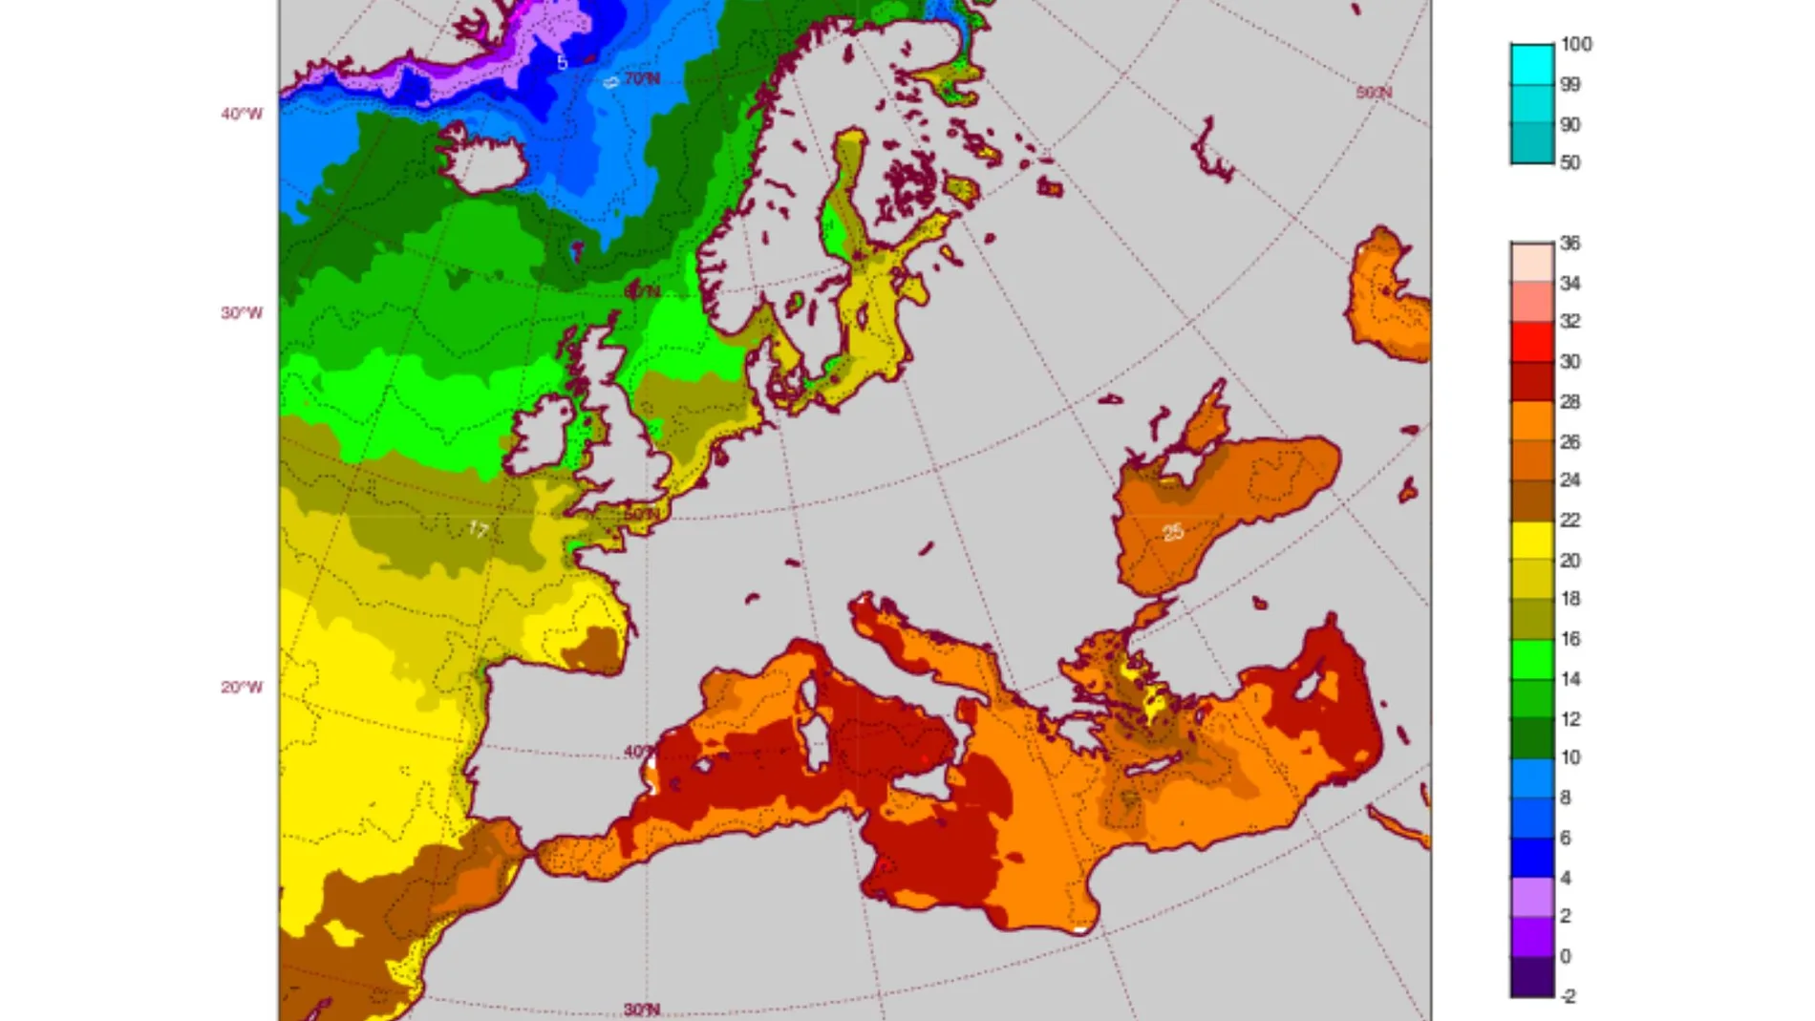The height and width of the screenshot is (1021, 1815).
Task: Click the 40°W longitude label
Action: (242, 115)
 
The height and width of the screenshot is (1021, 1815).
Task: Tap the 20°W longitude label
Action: (242, 688)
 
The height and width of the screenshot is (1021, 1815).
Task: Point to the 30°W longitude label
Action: (242, 313)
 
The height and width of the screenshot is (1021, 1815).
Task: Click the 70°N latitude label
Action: (642, 78)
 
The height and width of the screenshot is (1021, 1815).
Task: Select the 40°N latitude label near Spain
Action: (640, 752)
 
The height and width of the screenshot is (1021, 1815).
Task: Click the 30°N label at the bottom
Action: (641, 1010)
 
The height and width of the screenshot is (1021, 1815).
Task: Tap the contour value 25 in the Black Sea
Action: (1173, 532)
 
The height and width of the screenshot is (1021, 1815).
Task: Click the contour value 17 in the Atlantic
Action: (479, 529)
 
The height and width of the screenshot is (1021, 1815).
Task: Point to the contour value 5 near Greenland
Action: (563, 63)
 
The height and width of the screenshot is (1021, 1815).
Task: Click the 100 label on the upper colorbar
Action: (1575, 45)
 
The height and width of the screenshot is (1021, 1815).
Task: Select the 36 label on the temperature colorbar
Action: (1569, 244)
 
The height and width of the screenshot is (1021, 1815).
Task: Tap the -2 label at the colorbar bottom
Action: (1568, 996)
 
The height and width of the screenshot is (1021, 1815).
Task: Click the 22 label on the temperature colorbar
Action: (1569, 521)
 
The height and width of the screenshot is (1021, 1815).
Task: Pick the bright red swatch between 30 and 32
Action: (1531, 341)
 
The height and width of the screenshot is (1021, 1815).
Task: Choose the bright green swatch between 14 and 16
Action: (1531, 659)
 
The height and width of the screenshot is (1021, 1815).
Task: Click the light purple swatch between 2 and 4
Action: (1531, 897)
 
